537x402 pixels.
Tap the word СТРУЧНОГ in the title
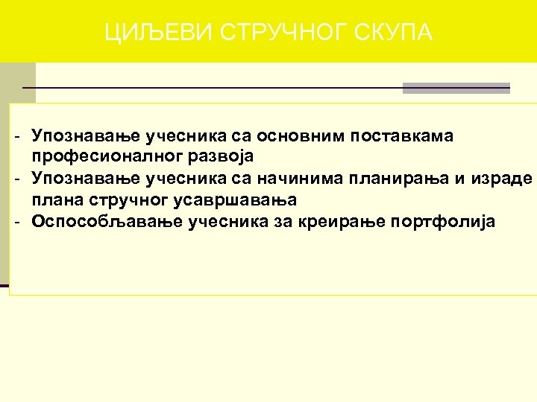[x=252, y=33]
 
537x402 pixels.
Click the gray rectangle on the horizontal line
[x=456, y=88]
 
